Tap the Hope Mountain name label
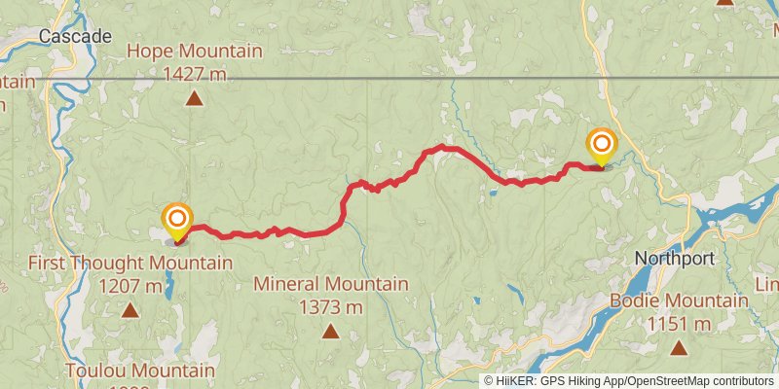[x=195, y=51]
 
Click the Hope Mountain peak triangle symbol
[x=195, y=97]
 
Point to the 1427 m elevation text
[x=195, y=72]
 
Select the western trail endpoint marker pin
[x=176, y=220]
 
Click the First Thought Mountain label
[x=130, y=264]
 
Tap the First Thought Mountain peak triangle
[x=130, y=310]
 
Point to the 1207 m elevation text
[x=130, y=286]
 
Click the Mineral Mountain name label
[x=330, y=284]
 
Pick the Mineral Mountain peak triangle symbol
[x=330, y=332]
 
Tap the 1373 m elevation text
[x=330, y=306]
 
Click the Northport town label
[x=674, y=259]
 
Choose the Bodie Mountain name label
[x=679, y=301]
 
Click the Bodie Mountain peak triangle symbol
[x=679, y=347]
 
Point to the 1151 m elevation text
[x=679, y=323]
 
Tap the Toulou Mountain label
[x=140, y=371]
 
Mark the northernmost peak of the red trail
[x=442, y=147]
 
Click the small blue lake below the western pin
[x=170, y=284]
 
